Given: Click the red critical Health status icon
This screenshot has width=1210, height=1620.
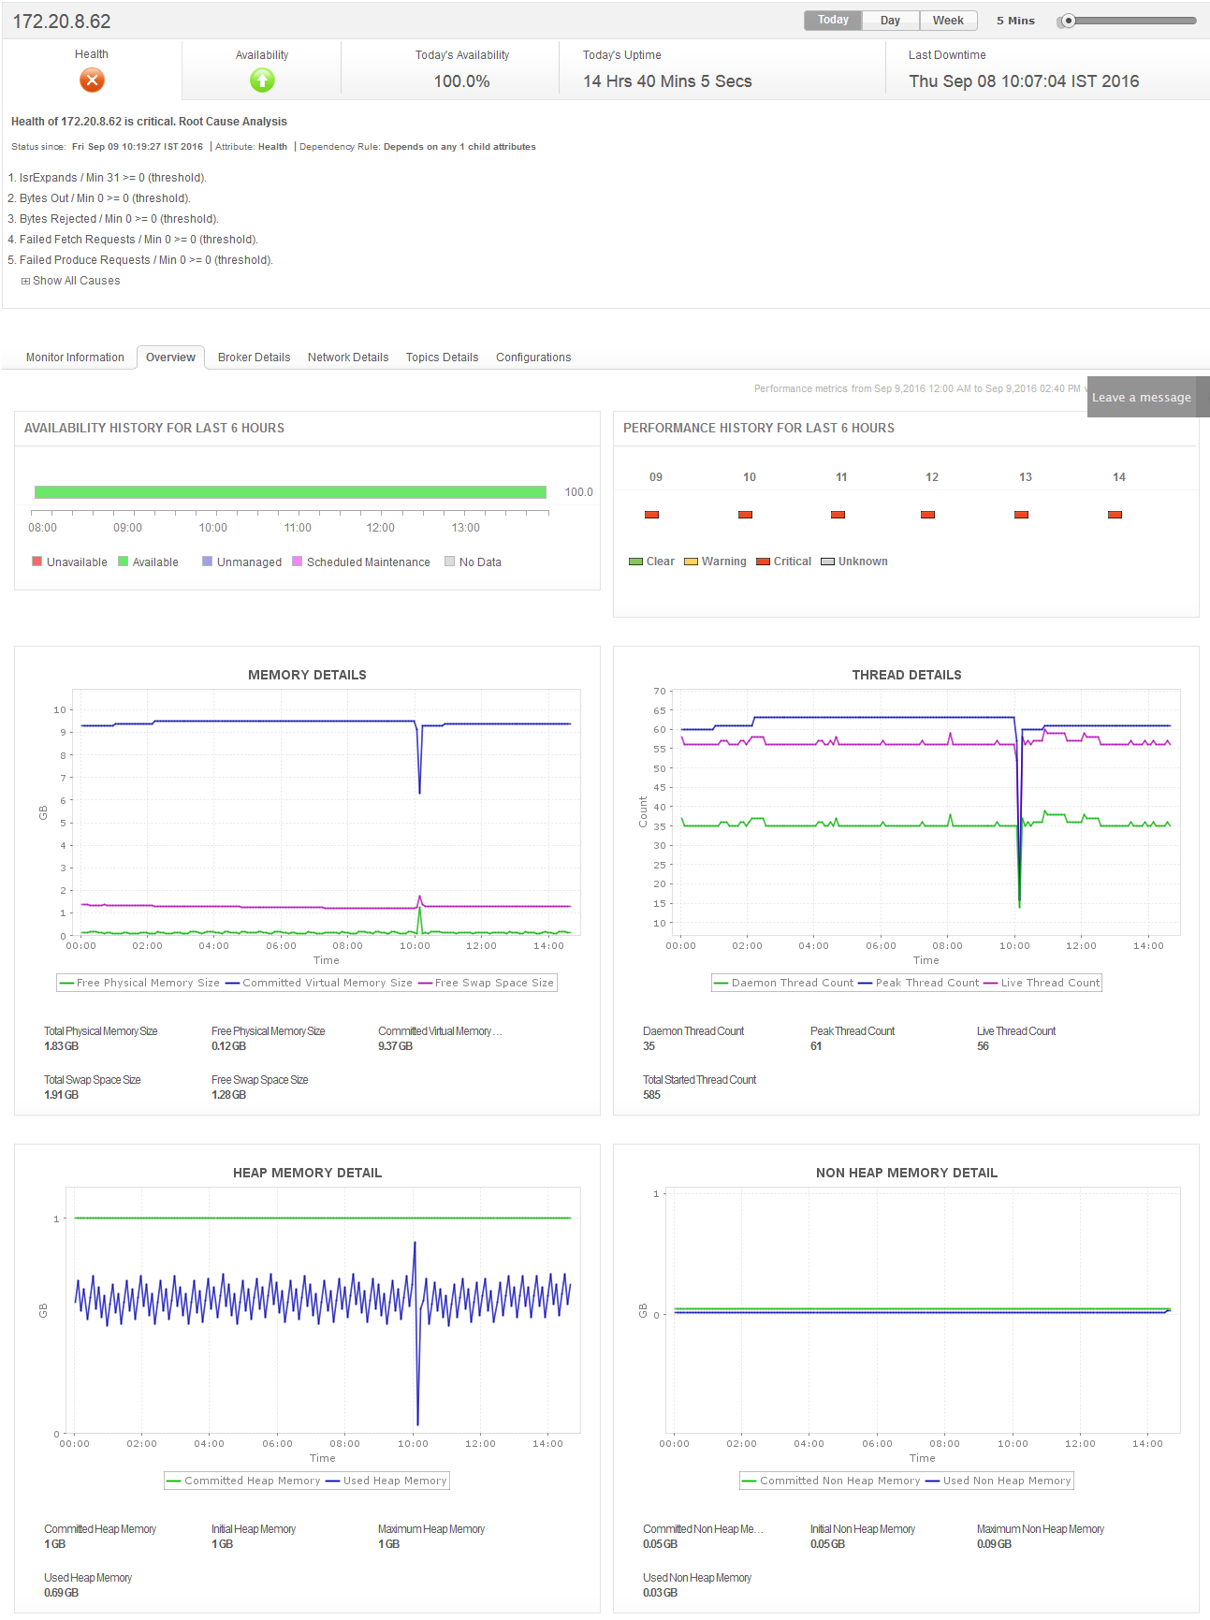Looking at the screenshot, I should pyautogui.click(x=92, y=80).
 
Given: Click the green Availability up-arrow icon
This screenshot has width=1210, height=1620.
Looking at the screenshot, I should pyautogui.click(x=262, y=80).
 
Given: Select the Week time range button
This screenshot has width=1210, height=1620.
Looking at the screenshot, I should pyautogui.click(x=948, y=21).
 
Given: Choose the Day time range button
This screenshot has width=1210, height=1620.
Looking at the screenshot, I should pyautogui.click(x=890, y=21).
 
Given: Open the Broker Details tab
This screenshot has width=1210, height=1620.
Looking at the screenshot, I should pyautogui.click(x=254, y=358).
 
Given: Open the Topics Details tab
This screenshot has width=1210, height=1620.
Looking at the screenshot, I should pyautogui.click(x=442, y=358).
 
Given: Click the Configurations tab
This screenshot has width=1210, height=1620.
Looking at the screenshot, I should pyautogui.click(x=533, y=358).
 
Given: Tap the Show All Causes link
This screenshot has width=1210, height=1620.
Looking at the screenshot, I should pyautogui.click(x=76, y=281).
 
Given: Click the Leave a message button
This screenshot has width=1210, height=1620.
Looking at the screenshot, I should pyautogui.click(x=1142, y=398).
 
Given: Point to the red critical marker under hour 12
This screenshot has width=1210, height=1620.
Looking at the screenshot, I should pyautogui.click(x=927, y=515).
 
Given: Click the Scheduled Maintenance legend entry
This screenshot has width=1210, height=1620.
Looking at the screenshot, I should pyautogui.click(x=368, y=562).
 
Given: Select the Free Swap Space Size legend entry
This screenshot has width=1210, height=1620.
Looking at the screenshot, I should pyautogui.click(x=494, y=983).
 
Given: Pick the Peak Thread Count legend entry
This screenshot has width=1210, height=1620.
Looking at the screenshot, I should pyautogui.click(x=926, y=983).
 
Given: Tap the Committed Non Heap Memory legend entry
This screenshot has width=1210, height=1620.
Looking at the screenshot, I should pyautogui.click(x=839, y=1481).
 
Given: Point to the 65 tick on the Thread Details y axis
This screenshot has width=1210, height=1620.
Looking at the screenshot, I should pyautogui.click(x=660, y=710).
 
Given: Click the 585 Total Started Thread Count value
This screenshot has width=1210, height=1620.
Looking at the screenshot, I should pyautogui.click(x=651, y=1095).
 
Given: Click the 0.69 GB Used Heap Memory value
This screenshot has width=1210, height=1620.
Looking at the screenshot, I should pyautogui.click(x=62, y=1593).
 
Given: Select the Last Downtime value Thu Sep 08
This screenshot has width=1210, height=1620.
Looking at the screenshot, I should pyautogui.click(x=1024, y=81).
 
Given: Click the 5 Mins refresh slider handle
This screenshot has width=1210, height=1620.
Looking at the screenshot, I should pyautogui.click(x=1068, y=21).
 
